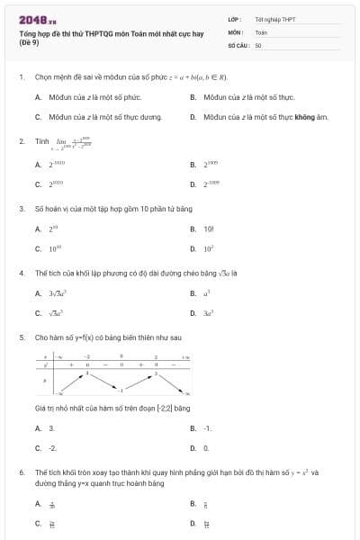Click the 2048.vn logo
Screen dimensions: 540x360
38,18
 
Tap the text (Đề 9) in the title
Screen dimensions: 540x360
31,42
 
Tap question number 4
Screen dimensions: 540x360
21,272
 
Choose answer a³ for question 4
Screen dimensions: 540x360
207,293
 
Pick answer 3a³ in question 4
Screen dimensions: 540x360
207,313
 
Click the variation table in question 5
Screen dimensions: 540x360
112,375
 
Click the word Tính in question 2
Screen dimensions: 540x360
41,141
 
